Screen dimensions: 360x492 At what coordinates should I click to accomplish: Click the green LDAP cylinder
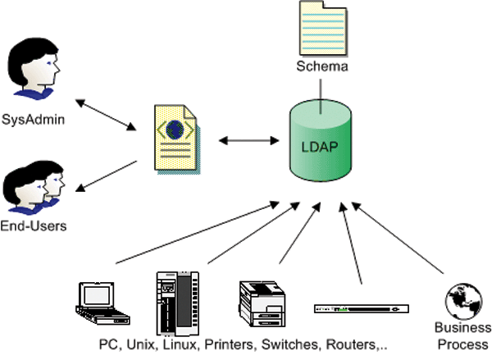pyautogui.click(x=323, y=148)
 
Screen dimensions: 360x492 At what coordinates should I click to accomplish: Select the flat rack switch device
pyautogui.click(x=361, y=308)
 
